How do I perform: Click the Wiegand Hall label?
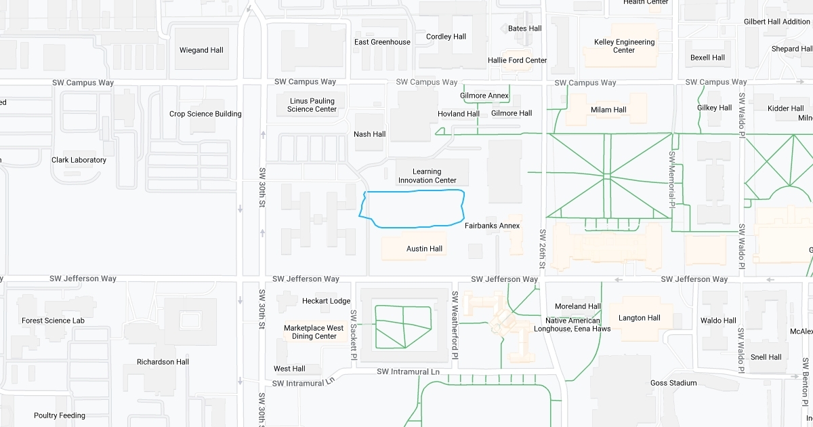tap(201, 50)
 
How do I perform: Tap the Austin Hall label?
tap(424, 249)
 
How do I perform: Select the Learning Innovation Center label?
tap(427, 176)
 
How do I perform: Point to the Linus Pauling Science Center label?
tap(312, 105)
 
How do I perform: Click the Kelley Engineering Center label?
tap(624, 46)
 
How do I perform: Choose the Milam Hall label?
tap(608, 110)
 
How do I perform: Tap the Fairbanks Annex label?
tap(492, 226)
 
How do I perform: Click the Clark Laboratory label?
tap(79, 160)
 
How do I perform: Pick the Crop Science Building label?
tap(205, 114)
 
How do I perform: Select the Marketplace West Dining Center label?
tap(314, 332)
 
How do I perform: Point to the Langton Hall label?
tap(639, 318)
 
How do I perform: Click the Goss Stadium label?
tap(673, 383)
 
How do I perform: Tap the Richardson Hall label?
tap(163, 362)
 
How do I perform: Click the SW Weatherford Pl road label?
tap(455, 325)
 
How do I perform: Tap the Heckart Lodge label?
tap(326, 301)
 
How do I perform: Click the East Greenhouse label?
tap(382, 42)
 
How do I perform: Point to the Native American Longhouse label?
tap(578, 325)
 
